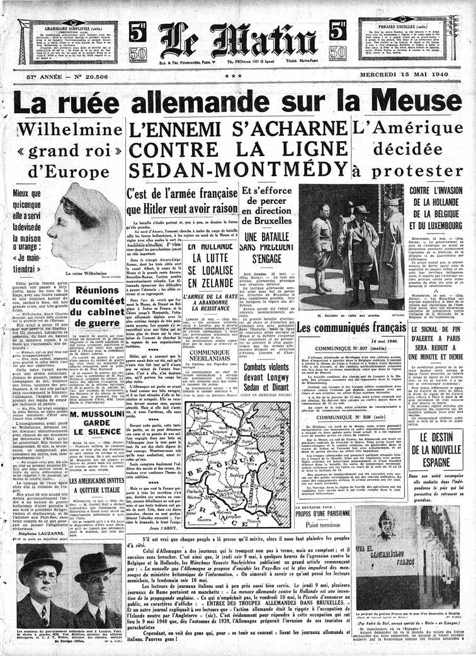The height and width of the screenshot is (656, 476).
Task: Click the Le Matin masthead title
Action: [237, 39]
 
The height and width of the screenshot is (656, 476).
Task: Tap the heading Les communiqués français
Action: [351, 328]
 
